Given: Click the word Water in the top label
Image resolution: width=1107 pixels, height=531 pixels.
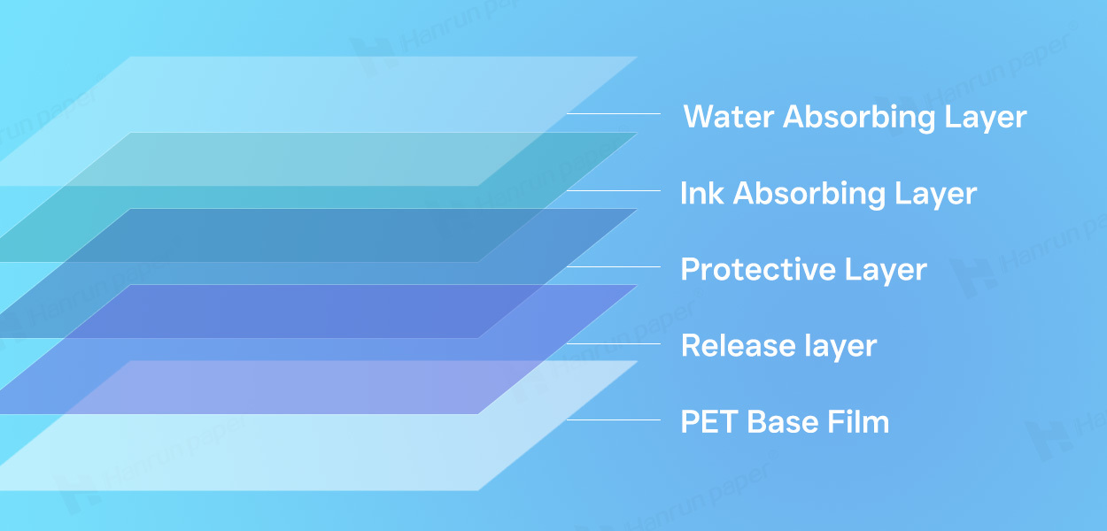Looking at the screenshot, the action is tap(728, 117).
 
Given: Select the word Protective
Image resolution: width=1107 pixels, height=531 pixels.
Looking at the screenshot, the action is tap(758, 270).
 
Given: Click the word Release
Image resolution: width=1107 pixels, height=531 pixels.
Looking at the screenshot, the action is tap(738, 345).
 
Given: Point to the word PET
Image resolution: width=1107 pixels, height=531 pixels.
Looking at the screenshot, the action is tap(709, 422).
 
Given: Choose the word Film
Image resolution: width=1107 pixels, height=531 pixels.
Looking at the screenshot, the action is tap(858, 422).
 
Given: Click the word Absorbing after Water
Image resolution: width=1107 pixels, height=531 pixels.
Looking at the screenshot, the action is tap(859, 118).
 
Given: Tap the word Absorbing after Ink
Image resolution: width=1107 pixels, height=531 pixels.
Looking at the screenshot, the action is tap(809, 194).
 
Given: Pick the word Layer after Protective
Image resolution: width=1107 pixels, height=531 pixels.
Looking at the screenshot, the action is tap(886, 271).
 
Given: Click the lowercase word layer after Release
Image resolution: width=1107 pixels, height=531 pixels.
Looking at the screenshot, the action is tap(840, 346).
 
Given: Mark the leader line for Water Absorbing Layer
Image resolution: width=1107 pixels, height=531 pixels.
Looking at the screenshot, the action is tap(614, 113).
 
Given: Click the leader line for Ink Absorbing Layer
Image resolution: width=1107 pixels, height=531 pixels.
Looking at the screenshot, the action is tap(614, 190).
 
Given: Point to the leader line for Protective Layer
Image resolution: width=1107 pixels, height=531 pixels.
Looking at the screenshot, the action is tap(614, 266).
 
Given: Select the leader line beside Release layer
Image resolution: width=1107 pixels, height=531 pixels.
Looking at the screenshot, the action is tap(614, 343).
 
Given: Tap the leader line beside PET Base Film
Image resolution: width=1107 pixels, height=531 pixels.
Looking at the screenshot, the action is tap(614, 419).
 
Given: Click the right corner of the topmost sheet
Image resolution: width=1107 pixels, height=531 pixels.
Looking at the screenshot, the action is tap(637, 58).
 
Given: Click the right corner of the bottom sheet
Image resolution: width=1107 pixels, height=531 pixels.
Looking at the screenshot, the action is tap(637, 362).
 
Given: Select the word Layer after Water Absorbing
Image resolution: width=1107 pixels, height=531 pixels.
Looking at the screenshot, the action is tap(986, 118).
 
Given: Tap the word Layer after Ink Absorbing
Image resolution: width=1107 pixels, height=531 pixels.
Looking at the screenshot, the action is tap(935, 194).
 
